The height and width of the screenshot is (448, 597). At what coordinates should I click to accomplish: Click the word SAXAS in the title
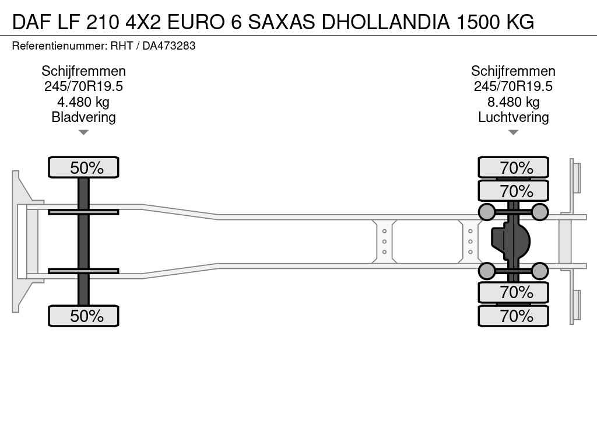point(282,22)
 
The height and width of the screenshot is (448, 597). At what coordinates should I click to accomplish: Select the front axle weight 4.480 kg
point(83,102)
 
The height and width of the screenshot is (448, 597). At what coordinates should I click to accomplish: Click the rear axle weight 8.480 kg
point(513,102)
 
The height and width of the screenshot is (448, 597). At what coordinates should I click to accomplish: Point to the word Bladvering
point(83,117)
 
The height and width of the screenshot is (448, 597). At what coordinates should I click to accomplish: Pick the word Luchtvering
point(513,117)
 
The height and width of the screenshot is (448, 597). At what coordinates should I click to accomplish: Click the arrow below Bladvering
point(83,132)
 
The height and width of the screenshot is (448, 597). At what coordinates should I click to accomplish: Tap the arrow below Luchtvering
point(513,132)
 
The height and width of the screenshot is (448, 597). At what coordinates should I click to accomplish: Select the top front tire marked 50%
point(83,168)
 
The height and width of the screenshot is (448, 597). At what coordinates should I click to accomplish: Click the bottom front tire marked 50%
point(83,316)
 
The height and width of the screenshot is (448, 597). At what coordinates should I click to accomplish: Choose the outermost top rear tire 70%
point(513,168)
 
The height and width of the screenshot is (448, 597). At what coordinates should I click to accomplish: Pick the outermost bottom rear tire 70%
point(513,316)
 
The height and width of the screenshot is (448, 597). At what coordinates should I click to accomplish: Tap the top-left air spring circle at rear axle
point(486,212)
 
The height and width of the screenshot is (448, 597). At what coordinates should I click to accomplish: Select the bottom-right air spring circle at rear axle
point(540,271)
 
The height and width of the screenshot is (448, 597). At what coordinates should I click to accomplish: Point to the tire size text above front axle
point(83,86)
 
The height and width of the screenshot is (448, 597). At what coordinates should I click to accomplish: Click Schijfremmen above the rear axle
point(513,71)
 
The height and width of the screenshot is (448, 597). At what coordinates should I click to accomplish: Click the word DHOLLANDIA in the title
point(385,22)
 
